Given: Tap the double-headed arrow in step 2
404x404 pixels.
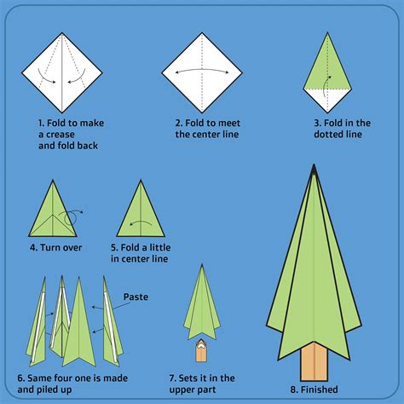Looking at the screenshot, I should (202, 72).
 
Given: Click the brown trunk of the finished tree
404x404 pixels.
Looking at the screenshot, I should (315, 366).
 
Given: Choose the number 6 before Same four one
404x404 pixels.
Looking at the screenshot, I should (20, 378).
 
